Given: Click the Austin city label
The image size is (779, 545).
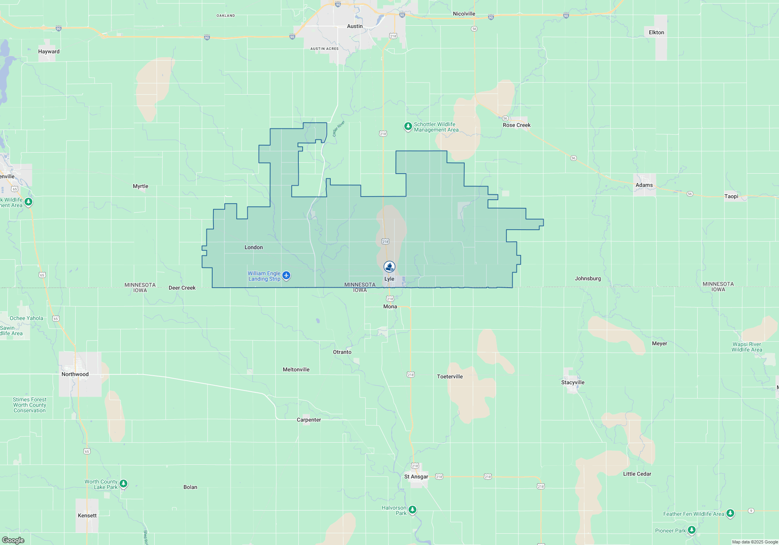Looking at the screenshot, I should coord(354,26).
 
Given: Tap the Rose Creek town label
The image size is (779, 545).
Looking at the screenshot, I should coord(516,125).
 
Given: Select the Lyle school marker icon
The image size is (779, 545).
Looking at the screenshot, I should coord(389,267).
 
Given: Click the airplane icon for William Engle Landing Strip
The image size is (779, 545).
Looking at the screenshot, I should coord(286,276).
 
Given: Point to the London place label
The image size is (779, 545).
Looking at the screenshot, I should coord(254,247).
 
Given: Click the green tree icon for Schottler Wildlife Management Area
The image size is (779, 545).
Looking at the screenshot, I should coord(408,127).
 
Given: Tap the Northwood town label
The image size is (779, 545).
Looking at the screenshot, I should coord(75,374).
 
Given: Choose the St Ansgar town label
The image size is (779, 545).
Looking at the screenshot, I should coord(416,476).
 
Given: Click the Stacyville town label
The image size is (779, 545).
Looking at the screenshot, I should coord(573,382).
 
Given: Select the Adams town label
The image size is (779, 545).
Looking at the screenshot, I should coord(644,185).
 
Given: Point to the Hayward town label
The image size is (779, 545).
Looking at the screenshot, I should coord(49,51).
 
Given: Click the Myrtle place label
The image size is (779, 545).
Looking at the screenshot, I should coord(140,186).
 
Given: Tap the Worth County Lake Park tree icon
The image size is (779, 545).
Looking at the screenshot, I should coord(123,483).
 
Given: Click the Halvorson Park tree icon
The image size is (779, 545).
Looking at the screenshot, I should coord(412,510).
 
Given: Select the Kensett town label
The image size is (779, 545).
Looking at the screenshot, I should coord(87,515).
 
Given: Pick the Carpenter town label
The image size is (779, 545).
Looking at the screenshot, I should coord(308,420).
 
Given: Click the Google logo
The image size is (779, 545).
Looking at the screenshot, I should coord(13,540).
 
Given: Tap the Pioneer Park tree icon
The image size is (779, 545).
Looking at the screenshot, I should coord(691,530).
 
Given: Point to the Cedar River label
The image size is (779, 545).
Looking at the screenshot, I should coord(338,129).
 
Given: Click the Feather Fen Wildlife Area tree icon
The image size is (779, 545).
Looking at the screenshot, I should coord(730,513).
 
